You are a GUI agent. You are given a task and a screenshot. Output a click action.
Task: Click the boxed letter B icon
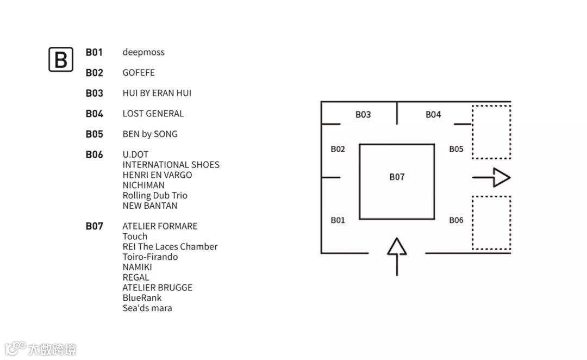(x=61, y=59)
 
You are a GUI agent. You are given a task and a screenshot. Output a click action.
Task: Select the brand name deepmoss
(x=143, y=52)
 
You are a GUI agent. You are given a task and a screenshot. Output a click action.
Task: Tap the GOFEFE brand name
(x=139, y=72)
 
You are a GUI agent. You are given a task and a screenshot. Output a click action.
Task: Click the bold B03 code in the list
(x=94, y=93)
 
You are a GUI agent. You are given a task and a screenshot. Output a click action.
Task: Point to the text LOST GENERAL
(x=153, y=113)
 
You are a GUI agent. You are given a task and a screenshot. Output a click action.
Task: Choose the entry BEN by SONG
(x=150, y=134)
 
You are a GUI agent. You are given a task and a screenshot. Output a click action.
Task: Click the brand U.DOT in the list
(x=135, y=154)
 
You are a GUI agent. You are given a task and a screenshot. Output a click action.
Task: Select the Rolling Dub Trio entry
(x=155, y=195)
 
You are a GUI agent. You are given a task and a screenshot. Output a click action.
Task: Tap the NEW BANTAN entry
(x=150, y=206)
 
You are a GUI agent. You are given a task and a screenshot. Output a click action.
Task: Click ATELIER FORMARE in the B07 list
(x=160, y=226)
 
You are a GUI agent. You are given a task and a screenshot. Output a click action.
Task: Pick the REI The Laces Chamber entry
(x=170, y=246)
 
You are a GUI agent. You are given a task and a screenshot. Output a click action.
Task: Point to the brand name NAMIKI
(x=137, y=267)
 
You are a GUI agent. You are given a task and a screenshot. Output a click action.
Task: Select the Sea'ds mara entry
(x=147, y=308)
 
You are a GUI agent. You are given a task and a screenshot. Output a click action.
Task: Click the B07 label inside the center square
(x=397, y=177)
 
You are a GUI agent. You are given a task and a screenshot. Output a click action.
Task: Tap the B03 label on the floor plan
(x=363, y=115)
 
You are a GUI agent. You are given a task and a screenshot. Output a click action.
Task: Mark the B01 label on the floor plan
(x=338, y=220)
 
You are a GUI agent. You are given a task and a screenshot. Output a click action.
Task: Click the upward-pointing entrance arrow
(x=397, y=256)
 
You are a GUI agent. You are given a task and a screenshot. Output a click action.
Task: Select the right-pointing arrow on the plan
(x=491, y=177)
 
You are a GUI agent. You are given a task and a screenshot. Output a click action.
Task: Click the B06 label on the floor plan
(x=456, y=220)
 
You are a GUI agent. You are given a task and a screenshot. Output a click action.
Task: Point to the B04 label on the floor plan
(x=433, y=115)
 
